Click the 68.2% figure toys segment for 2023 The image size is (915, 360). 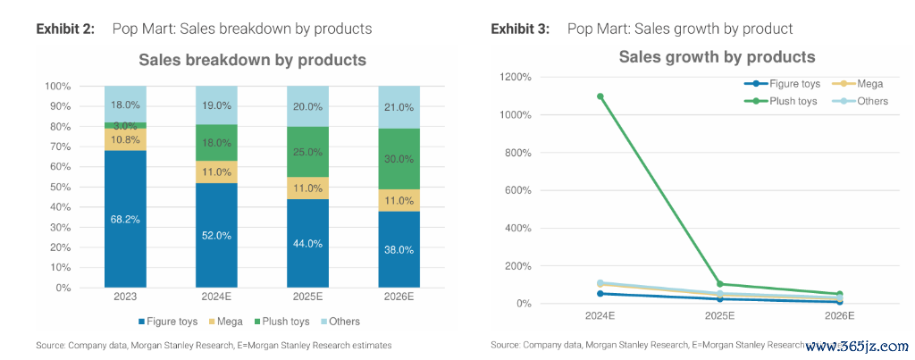click(125, 219)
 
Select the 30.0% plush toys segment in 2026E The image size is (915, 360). click(399, 158)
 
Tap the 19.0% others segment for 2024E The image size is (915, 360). click(216, 105)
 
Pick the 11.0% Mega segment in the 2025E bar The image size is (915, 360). click(307, 188)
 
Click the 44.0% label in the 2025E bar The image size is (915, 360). click(307, 243)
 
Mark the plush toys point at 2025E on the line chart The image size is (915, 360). click(720, 284)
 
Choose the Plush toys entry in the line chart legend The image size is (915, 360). click(787, 101)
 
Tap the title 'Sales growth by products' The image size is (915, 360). click(717, 57)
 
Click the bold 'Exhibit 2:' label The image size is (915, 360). click(65, 29)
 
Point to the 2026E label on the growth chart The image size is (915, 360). click(840, 315)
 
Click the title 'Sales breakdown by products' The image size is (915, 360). click(252, 61)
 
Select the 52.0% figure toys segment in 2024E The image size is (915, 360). click(216, 235)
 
